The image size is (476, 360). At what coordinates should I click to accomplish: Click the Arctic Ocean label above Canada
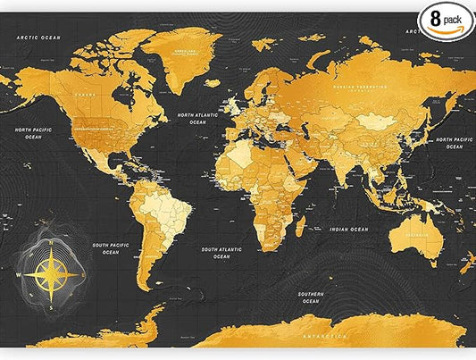click(x=37, y=37)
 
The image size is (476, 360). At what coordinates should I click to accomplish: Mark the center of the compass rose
click(x=51, y=273)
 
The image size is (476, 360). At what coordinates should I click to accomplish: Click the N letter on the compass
click(x=51, y=242)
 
